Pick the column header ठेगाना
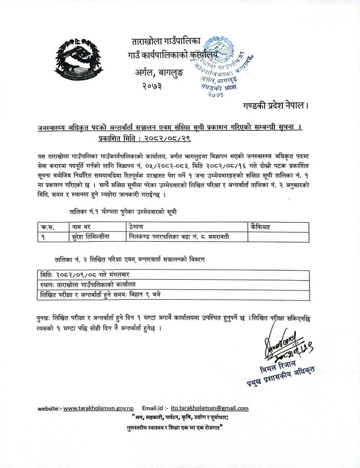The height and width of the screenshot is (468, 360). [138, 226]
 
